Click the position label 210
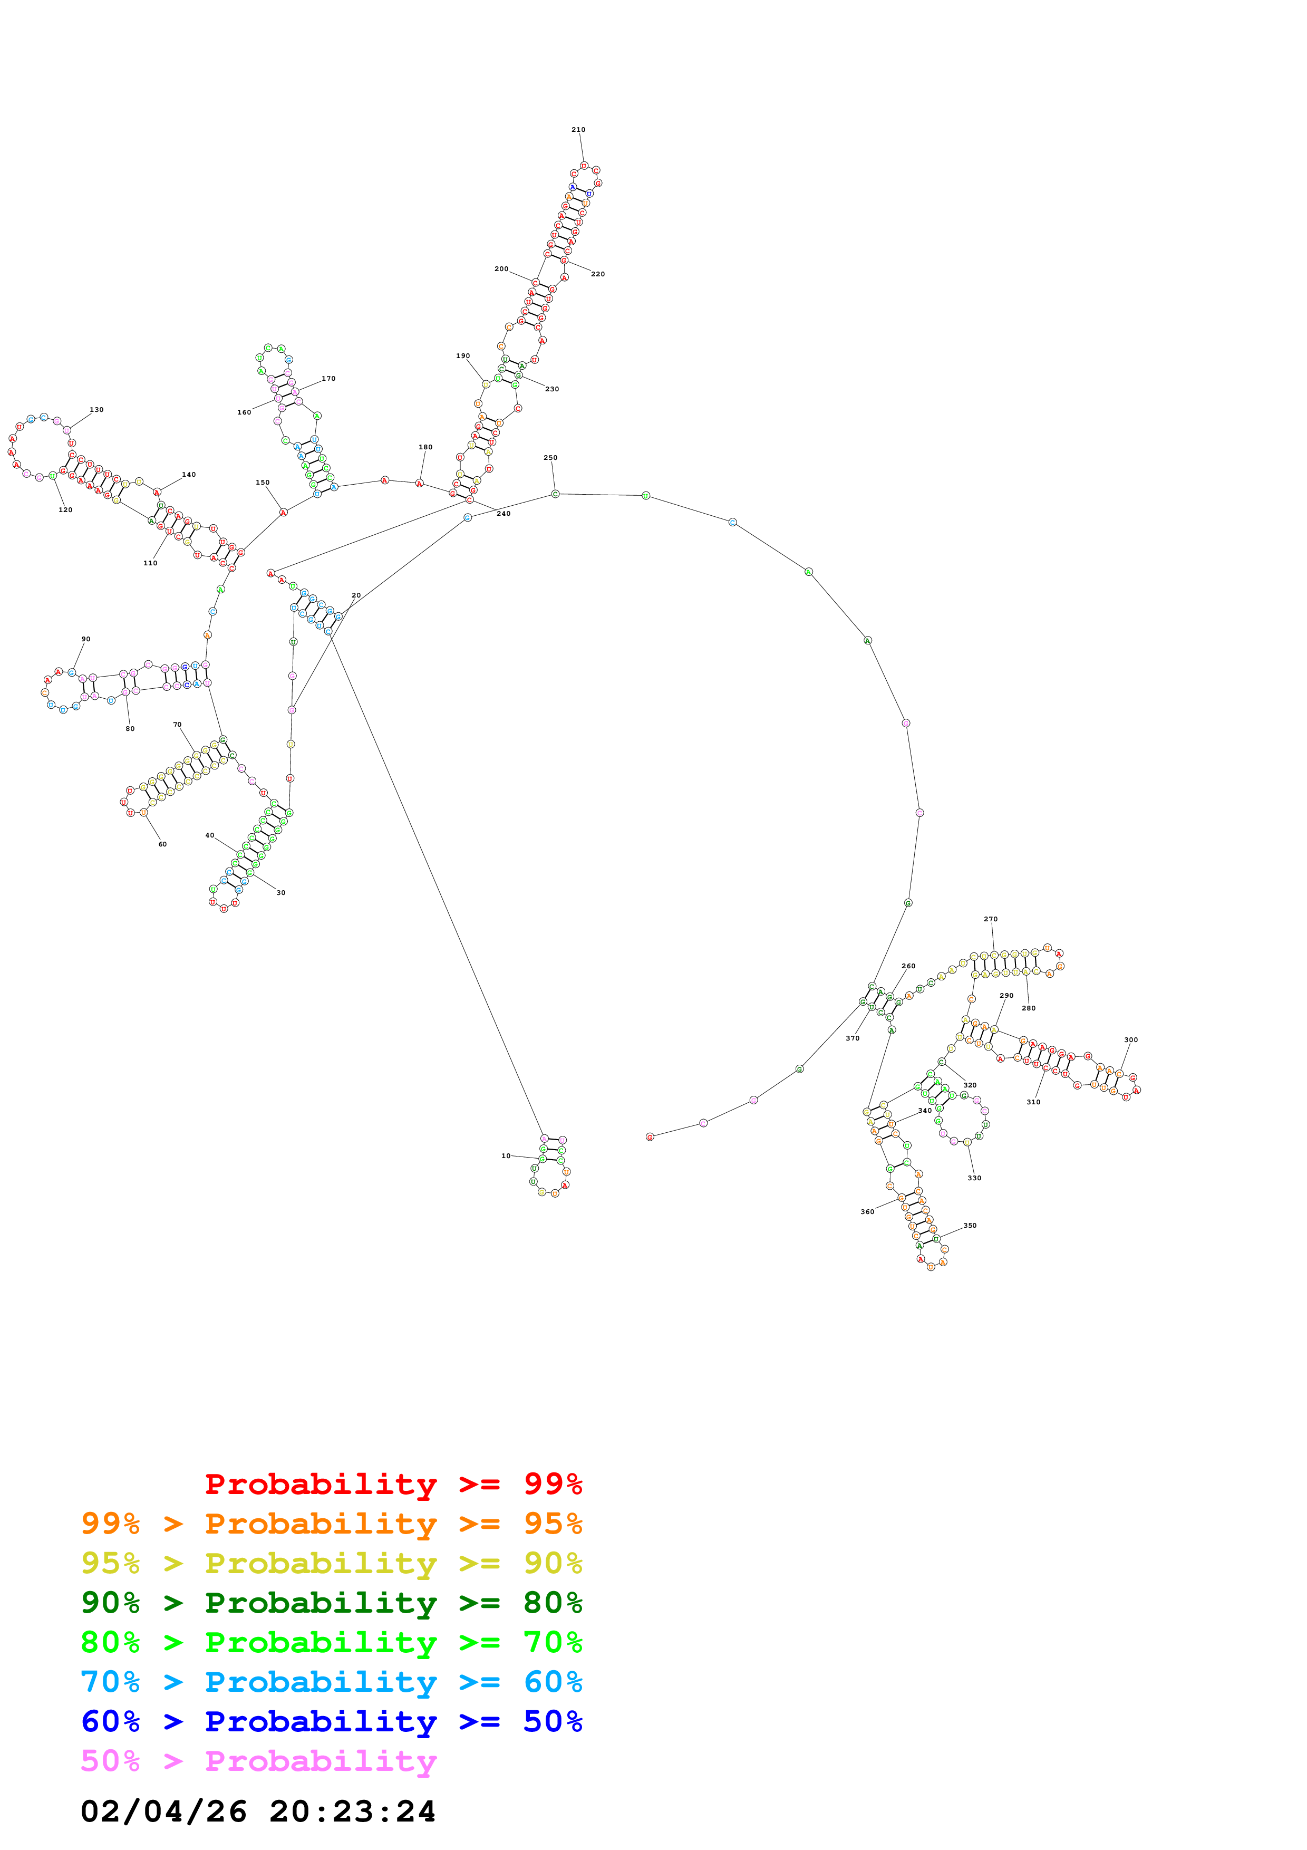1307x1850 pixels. (578, 130)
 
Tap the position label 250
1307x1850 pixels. (550, 458)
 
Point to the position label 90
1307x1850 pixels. (86, 639)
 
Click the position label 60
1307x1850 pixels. (163, 844)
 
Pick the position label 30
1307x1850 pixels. (281, 893)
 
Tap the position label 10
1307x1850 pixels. (506, 1155)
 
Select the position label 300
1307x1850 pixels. (1130, 1039)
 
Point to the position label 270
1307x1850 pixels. (991, 919)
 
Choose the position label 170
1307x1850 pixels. (328, 378)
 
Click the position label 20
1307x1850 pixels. (356, 595)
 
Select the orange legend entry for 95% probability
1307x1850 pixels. (331, 1523)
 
